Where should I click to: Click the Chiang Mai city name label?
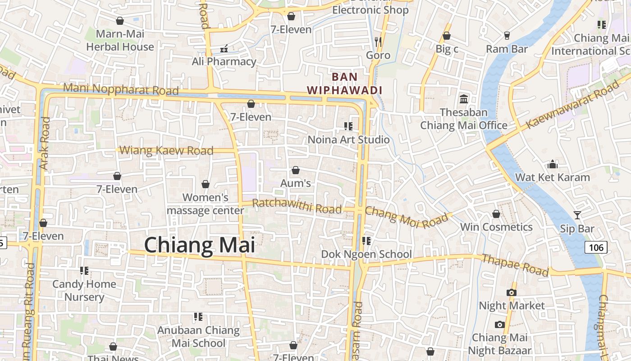pos(199,245)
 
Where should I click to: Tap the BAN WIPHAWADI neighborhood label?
pos(344,83)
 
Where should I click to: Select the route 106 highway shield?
pos(596,247)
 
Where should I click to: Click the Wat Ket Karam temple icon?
pos(553,164)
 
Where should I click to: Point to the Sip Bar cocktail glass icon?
pos(577,215)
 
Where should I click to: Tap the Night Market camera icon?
pos(511,292)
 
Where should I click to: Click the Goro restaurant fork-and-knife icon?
pos(378,42)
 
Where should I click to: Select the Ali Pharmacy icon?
pos(224,48)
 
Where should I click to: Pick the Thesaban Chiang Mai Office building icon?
pos(464,99)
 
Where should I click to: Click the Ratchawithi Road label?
pos(297,206)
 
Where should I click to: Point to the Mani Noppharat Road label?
pos(121,88)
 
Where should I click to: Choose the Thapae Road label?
pos(516,265)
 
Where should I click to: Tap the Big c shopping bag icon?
pos(447,36)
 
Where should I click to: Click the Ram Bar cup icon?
pos(507,35)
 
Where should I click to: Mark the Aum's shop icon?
pos(296,170)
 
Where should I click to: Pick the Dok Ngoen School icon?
pos(366,241)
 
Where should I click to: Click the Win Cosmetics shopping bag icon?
pos(496,214)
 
